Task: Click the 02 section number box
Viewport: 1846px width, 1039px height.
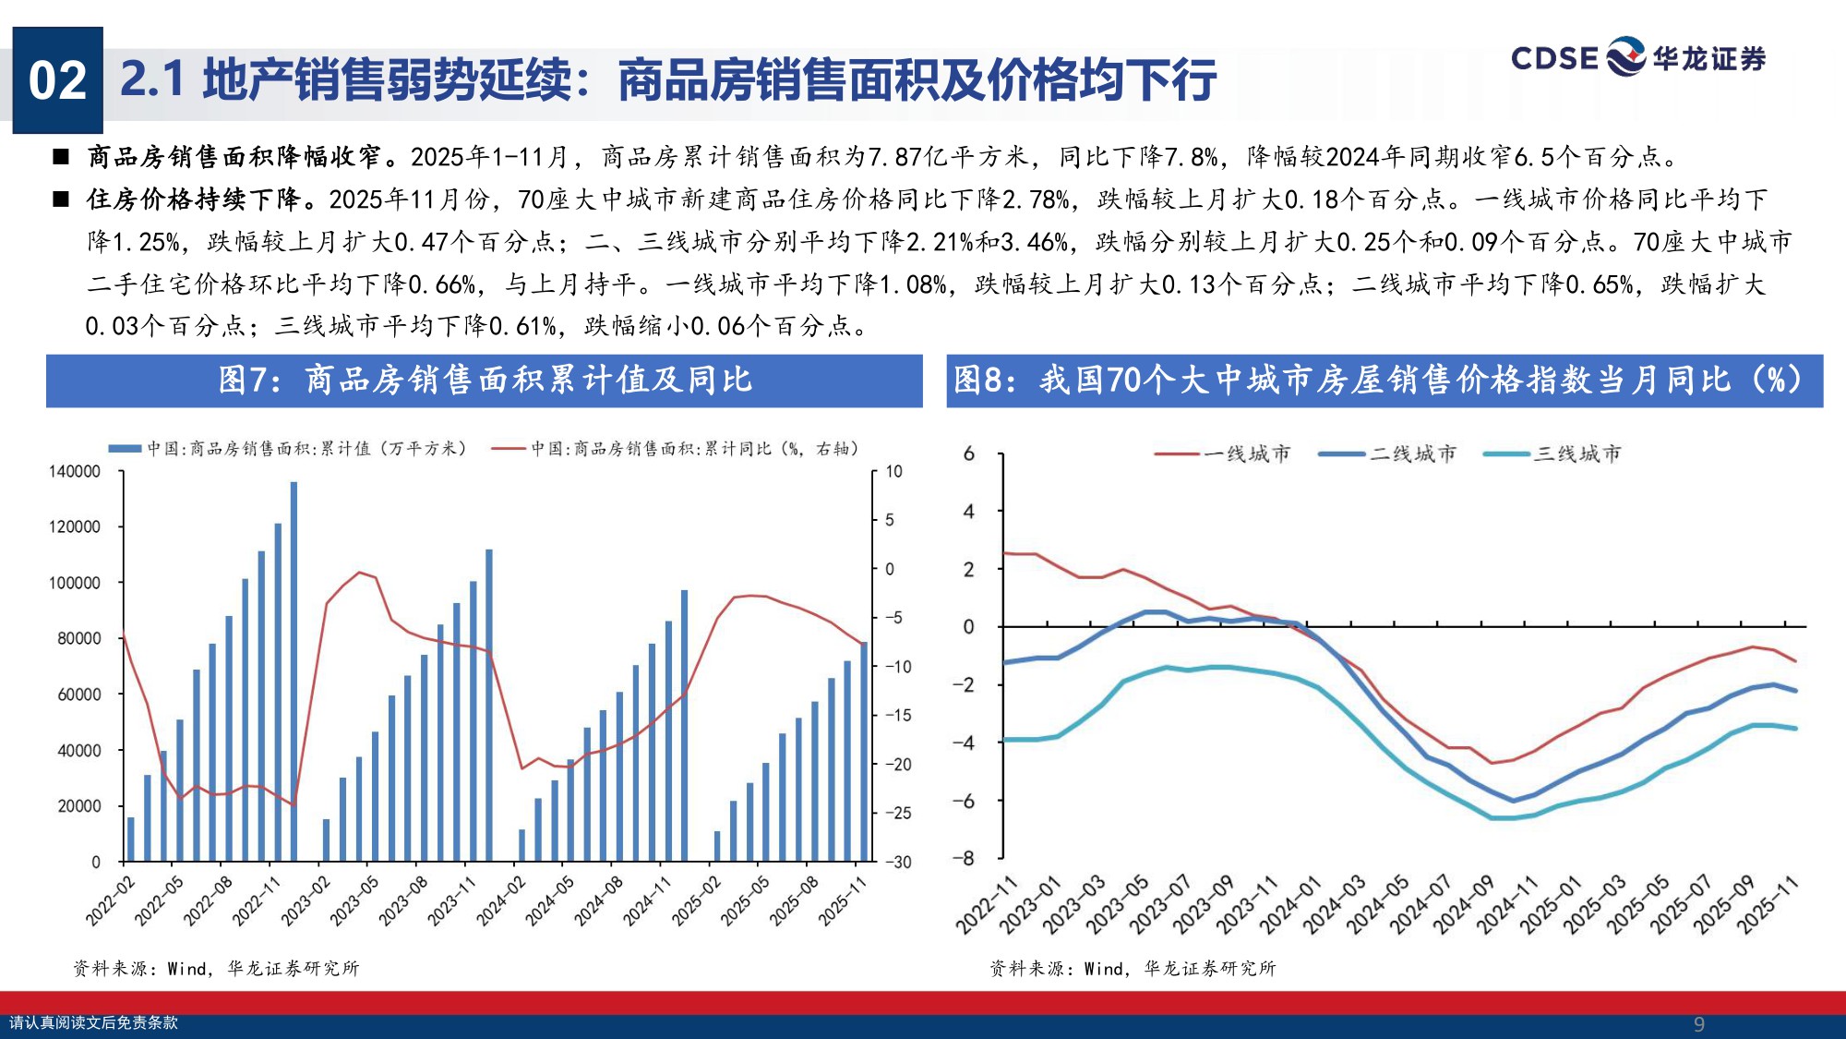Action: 57,80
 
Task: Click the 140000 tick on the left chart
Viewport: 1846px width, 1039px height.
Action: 75,472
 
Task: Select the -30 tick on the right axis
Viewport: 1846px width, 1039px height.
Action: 898,862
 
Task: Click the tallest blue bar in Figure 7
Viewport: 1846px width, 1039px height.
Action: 294,671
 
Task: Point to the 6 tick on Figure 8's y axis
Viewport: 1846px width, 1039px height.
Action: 968,453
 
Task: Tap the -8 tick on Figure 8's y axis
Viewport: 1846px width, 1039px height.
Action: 964,858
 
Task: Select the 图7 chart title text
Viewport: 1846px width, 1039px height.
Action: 485,380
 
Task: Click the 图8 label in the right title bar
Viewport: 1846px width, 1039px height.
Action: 979,380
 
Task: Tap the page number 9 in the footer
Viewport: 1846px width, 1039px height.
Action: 1698,1024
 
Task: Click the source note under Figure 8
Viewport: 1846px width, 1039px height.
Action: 1133,968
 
